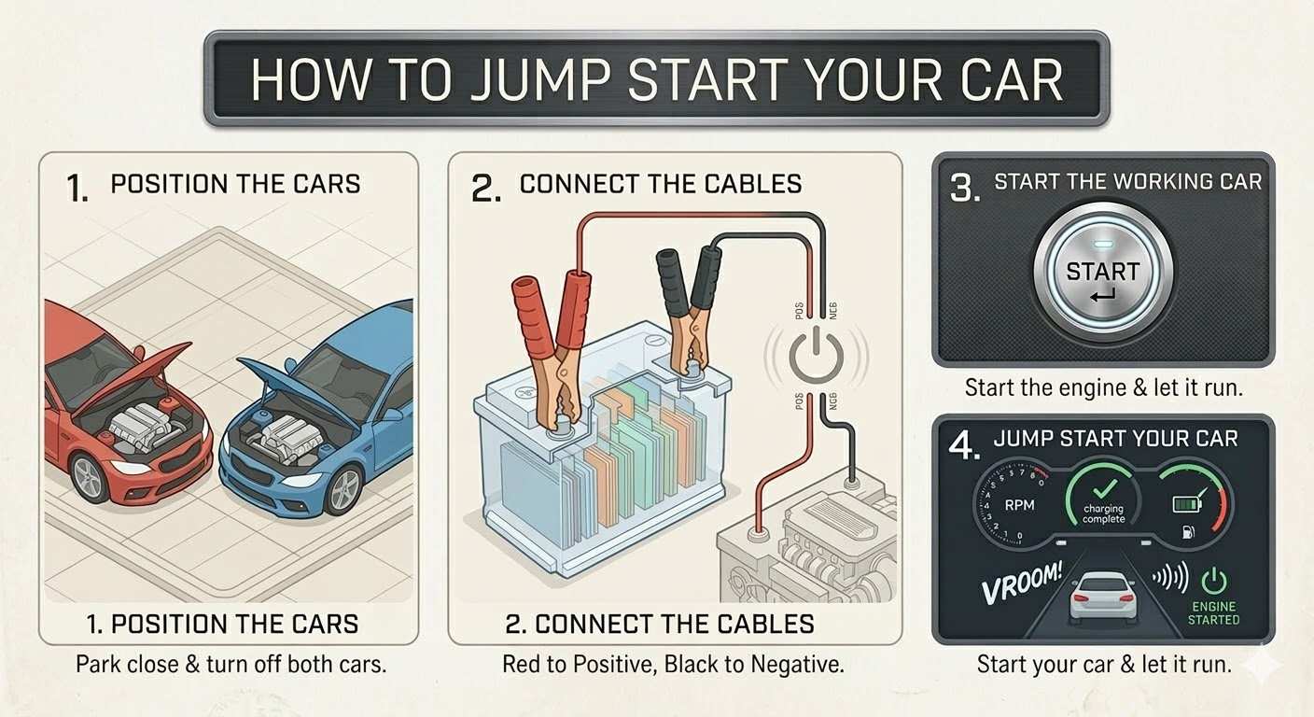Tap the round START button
[x=1103, y=273]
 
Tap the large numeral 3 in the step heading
[x=964, y=188]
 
